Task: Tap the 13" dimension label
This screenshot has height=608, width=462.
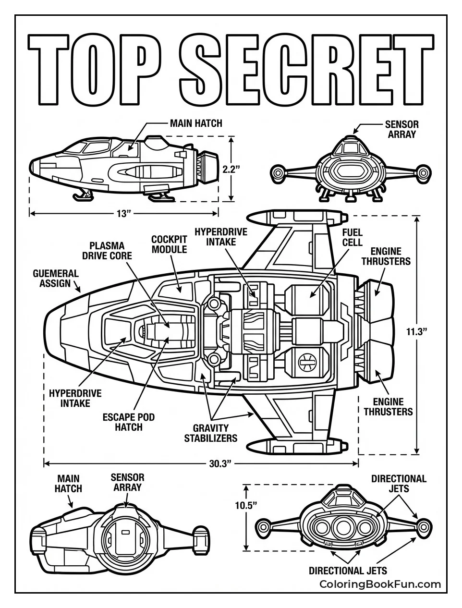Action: tap(123, 213)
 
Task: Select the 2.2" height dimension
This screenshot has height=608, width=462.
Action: tap(231, 169)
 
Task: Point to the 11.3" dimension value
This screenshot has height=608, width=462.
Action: tap(416, 331)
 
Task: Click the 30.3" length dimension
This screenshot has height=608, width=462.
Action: tap(220, 463)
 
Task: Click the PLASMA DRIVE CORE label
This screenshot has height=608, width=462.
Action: tap(107, 251)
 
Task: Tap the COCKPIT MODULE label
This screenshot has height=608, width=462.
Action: tap(169, 244)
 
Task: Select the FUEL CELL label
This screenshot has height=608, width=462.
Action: tap(352, 237)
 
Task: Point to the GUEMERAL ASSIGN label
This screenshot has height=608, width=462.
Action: tap(55, 278)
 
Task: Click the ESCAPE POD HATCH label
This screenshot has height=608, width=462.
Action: tap(129, 422)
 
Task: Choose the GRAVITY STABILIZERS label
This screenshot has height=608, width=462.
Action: tap(211, 432)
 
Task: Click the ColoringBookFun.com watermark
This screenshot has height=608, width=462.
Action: tap(380, 584)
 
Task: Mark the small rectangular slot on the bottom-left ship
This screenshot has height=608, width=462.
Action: tap(126, 532)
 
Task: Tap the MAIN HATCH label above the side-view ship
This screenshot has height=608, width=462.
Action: tap(196, 123)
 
